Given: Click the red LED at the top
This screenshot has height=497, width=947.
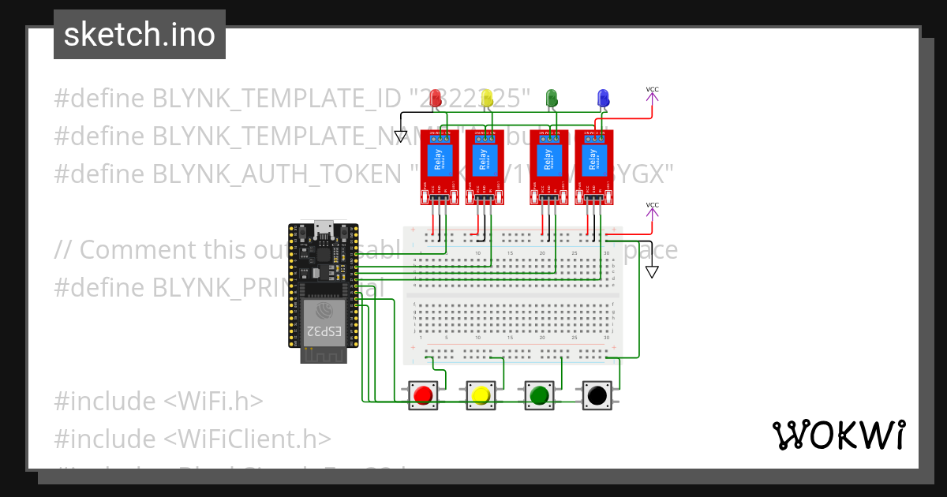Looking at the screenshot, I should [436, 99].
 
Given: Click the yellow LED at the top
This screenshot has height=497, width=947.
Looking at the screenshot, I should [487, 99].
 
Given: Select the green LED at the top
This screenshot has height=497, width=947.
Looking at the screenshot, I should [552, 99].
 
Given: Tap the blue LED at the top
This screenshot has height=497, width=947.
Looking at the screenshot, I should [603, 99].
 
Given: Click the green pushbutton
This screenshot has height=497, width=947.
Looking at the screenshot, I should [539, 394].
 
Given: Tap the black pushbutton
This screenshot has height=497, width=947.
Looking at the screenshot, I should [597, 394].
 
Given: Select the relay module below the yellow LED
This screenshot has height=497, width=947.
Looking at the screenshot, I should [484, 162].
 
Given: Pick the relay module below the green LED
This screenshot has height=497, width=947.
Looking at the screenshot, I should [548, 162].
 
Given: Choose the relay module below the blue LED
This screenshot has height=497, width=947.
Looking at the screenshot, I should [593, 162].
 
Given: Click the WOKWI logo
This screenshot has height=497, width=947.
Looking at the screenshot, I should [838, 435].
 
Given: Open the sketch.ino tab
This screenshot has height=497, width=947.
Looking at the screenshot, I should [140, 35].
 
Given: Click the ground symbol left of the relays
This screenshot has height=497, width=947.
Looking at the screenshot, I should [400, 136].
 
